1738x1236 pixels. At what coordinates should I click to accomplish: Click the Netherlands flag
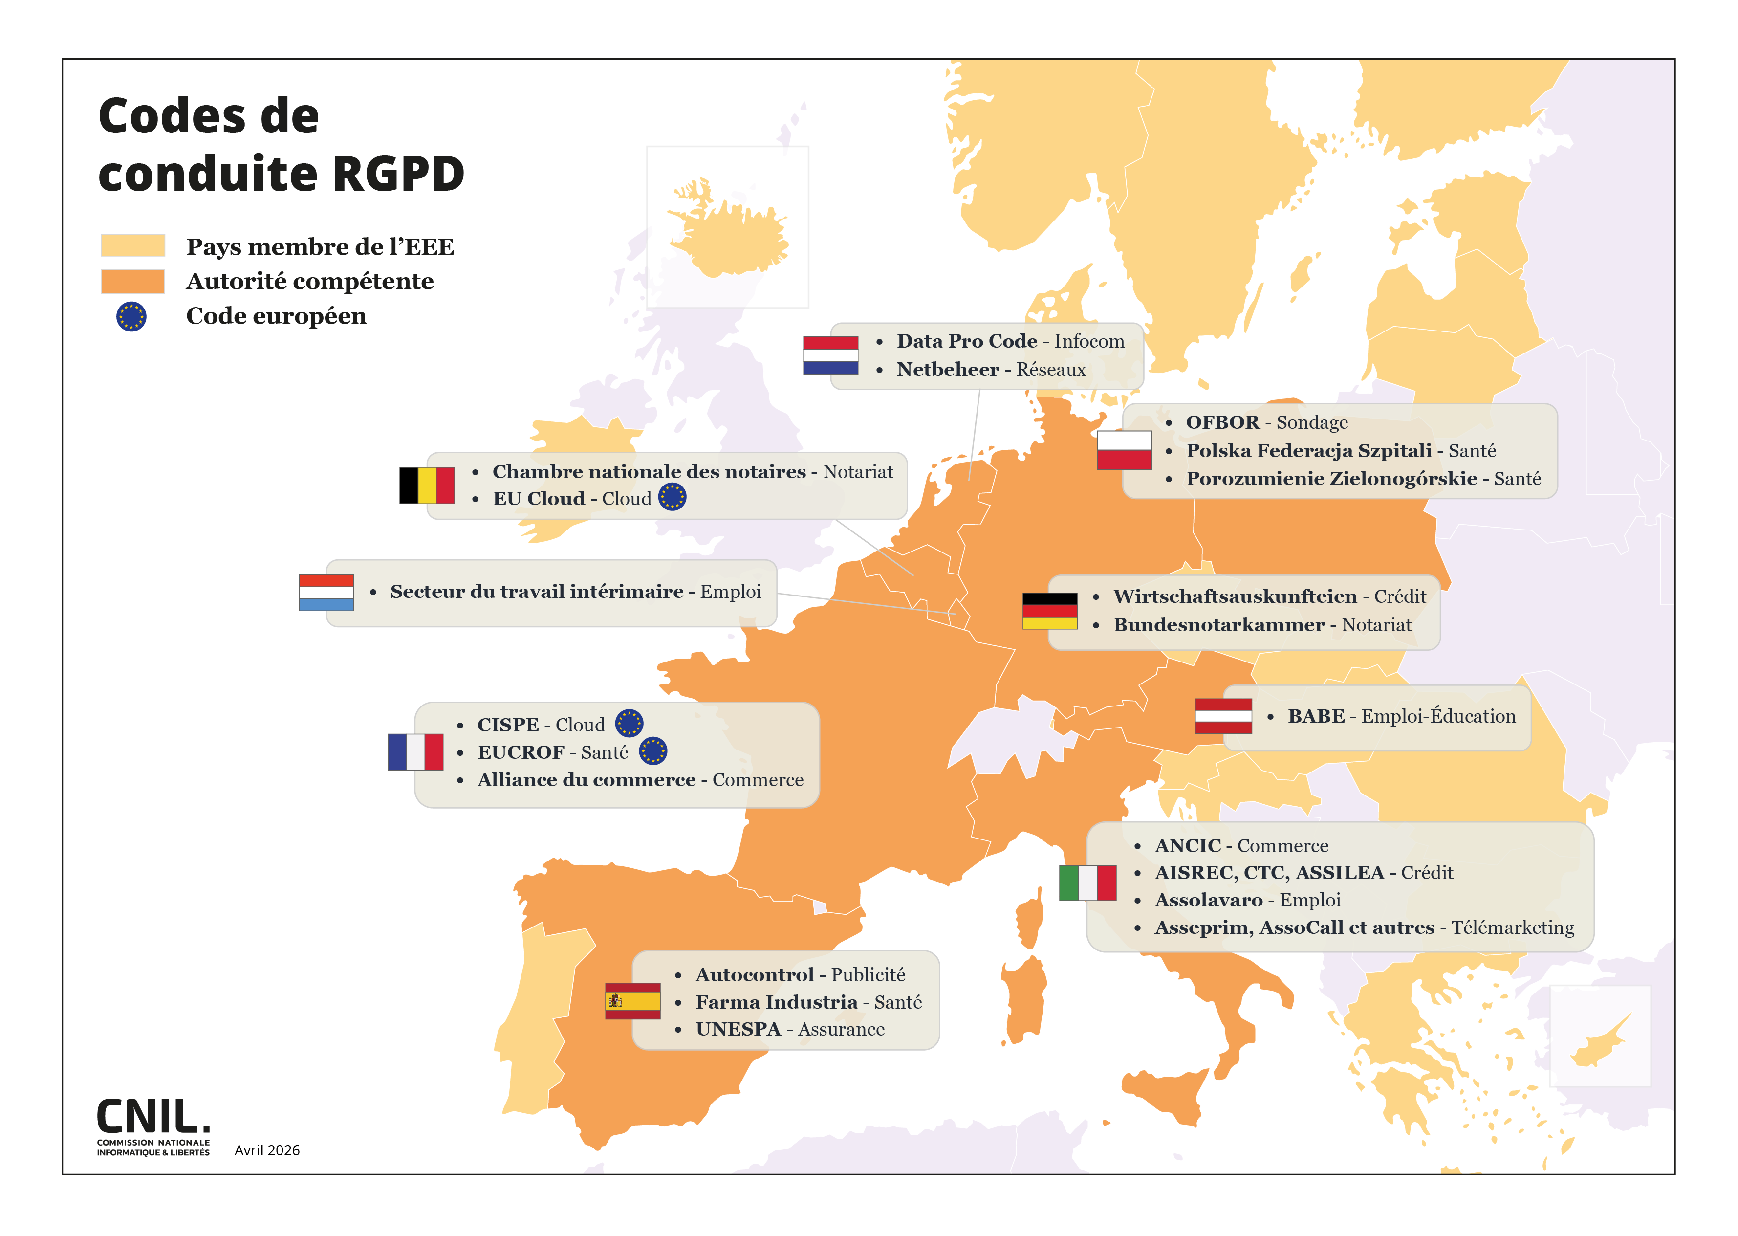click(830, 355)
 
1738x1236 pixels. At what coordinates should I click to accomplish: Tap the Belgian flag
click(427, 486)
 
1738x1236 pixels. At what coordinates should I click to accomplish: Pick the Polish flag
click(1124, 450)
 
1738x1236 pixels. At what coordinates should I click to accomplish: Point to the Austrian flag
click(1222, 716)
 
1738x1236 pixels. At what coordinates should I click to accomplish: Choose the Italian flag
click(1087, 883)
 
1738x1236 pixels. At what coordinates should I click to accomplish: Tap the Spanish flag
click(632, 1001)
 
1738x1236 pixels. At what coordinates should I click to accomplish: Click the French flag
click(415, 752)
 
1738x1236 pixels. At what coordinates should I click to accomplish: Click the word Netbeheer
click(947, 370)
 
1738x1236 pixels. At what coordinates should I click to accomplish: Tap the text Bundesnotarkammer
click(1218, 625)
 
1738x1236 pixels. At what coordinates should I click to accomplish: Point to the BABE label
click(1316, 716)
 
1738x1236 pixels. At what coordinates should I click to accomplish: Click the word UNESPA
click(738, 1029)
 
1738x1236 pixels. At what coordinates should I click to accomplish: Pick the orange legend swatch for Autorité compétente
click(132, 281)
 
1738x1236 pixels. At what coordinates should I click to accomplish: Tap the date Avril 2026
click(266, 1150)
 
